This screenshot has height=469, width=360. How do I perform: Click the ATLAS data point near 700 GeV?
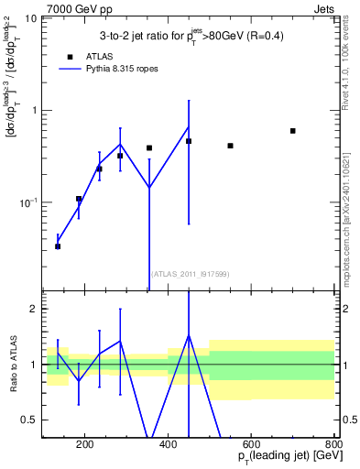coord(292,131)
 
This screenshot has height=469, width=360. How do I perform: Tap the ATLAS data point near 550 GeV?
coord(230,146)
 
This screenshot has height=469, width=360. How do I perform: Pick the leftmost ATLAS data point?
coord(58,246)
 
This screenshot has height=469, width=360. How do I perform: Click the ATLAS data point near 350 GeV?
coord(149,147)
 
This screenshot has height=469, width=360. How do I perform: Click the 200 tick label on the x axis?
coord(84,446)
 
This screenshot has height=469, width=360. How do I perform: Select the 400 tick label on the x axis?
coord(168,446)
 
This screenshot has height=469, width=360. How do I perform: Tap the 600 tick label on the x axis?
coord(251,446)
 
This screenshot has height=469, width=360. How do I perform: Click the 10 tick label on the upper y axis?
coord(29,19)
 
